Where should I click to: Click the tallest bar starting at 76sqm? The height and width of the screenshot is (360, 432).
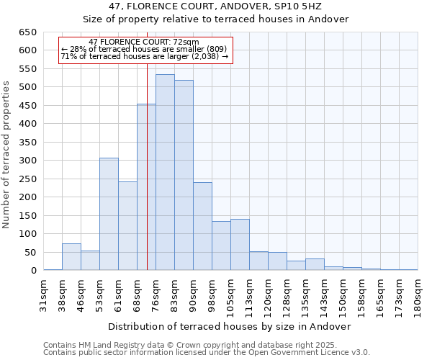pyautogui.click(x=165, y=173)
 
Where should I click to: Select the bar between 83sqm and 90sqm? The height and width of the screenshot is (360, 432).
pyautogui.click(x=184, y=176)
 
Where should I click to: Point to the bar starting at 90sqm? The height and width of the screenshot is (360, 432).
pyautogui.click(x=202, y=226)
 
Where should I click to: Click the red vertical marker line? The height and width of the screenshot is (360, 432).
pyautogui.click(x=147, y=180)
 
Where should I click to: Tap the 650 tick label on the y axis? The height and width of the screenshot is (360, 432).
pyautogui.click(x=27, y=32)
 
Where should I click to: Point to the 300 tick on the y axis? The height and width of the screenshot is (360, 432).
pyautogui.click(x=27, y=161)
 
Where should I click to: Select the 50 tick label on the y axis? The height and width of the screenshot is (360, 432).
pyautogui.click(x=30, y=253)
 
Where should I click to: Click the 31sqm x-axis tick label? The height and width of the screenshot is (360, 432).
pyautogui.click(x=43, y=294)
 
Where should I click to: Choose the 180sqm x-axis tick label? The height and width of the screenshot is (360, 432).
pyautogui.click(x=418, y=294)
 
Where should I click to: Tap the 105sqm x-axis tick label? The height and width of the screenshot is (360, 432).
pyautogui.click(x=230, y=294)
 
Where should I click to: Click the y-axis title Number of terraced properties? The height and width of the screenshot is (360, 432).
pyautogui.click(x=6, y=155)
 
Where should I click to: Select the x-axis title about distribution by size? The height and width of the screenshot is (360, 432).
pyautogui.click(x=230, y=326)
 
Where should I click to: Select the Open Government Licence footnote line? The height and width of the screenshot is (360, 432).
pyautogui.click(x=207, y=353)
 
